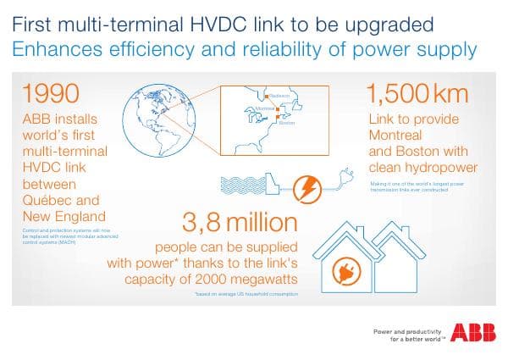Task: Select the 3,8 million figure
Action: pos(240,224)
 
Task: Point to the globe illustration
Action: pos(160,126)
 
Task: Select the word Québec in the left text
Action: pos(46,200)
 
